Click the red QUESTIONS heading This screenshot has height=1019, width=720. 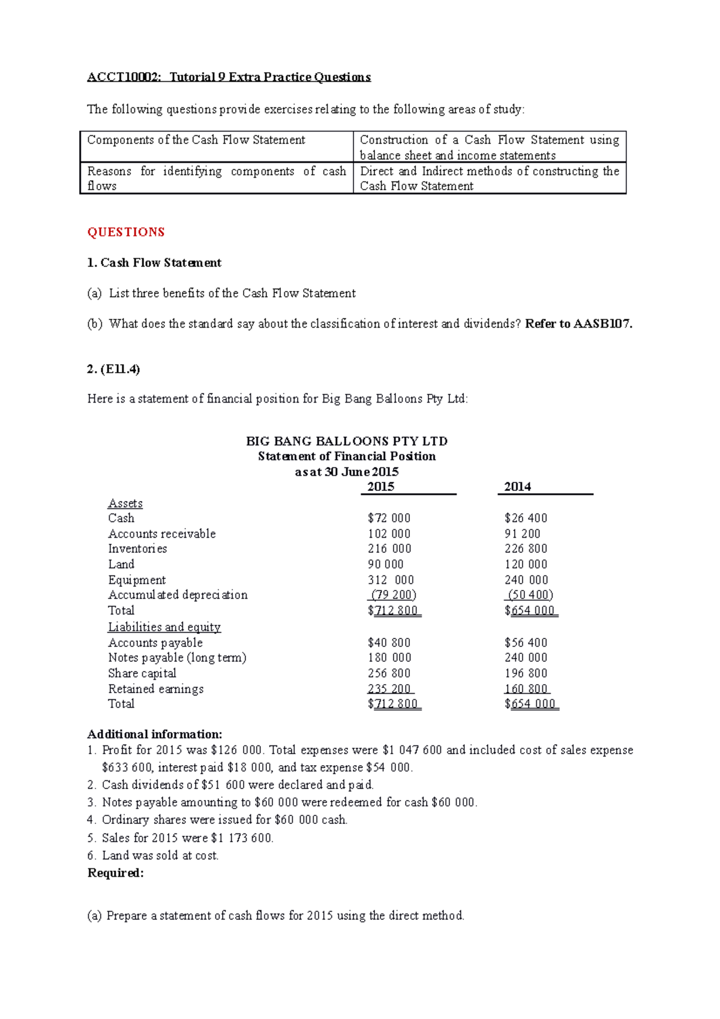pos(125,232)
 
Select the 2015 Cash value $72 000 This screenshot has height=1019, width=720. pos(389,518)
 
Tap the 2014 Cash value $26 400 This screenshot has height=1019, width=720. pos(526,518)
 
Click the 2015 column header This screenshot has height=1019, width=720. pos(380,487)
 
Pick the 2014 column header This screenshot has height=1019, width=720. pos(517,487)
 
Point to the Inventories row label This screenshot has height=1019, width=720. pos(137,549)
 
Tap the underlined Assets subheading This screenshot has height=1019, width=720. pos(125,503)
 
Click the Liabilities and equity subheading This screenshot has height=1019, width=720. pos(164,627)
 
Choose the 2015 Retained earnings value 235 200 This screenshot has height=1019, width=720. pos(390,689)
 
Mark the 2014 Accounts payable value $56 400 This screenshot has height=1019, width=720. pos(526,642)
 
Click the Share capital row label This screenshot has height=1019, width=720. pos(142,673)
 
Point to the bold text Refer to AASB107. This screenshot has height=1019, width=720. pos(578,324)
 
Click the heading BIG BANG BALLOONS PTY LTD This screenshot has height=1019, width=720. pos(347,441)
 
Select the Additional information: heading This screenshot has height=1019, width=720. pos(155,735)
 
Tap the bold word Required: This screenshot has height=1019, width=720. pos(116,873)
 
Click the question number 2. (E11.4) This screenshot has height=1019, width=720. pos(113,369)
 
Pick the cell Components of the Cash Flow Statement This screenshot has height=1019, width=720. pos(196,140)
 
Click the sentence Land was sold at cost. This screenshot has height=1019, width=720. pos(160,855)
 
